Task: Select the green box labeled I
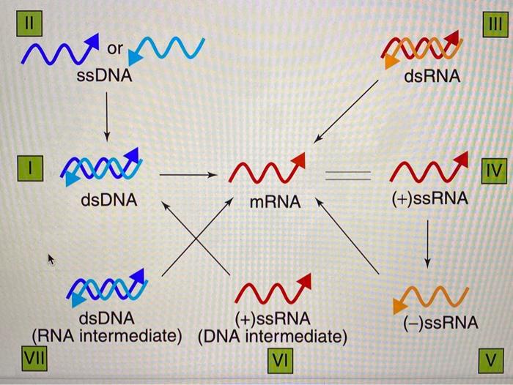click(x=30, y=168)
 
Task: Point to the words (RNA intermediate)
click(x=108, y=336)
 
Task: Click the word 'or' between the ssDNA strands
click(x=115, y=49)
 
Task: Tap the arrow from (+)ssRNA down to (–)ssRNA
click(x=427, y=245)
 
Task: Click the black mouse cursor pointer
click(x=51, y=259)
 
